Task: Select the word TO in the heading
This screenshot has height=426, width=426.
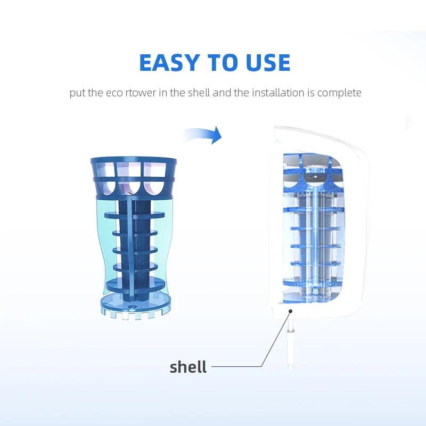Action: (218, 63)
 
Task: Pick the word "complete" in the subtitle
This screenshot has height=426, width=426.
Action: (339, 93)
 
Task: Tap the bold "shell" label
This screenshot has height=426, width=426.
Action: (188, 367)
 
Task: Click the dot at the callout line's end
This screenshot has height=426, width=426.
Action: (290, 310)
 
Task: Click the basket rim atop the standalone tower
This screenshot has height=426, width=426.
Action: (133, 161)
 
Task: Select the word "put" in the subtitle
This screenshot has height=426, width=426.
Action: (78, 93)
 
